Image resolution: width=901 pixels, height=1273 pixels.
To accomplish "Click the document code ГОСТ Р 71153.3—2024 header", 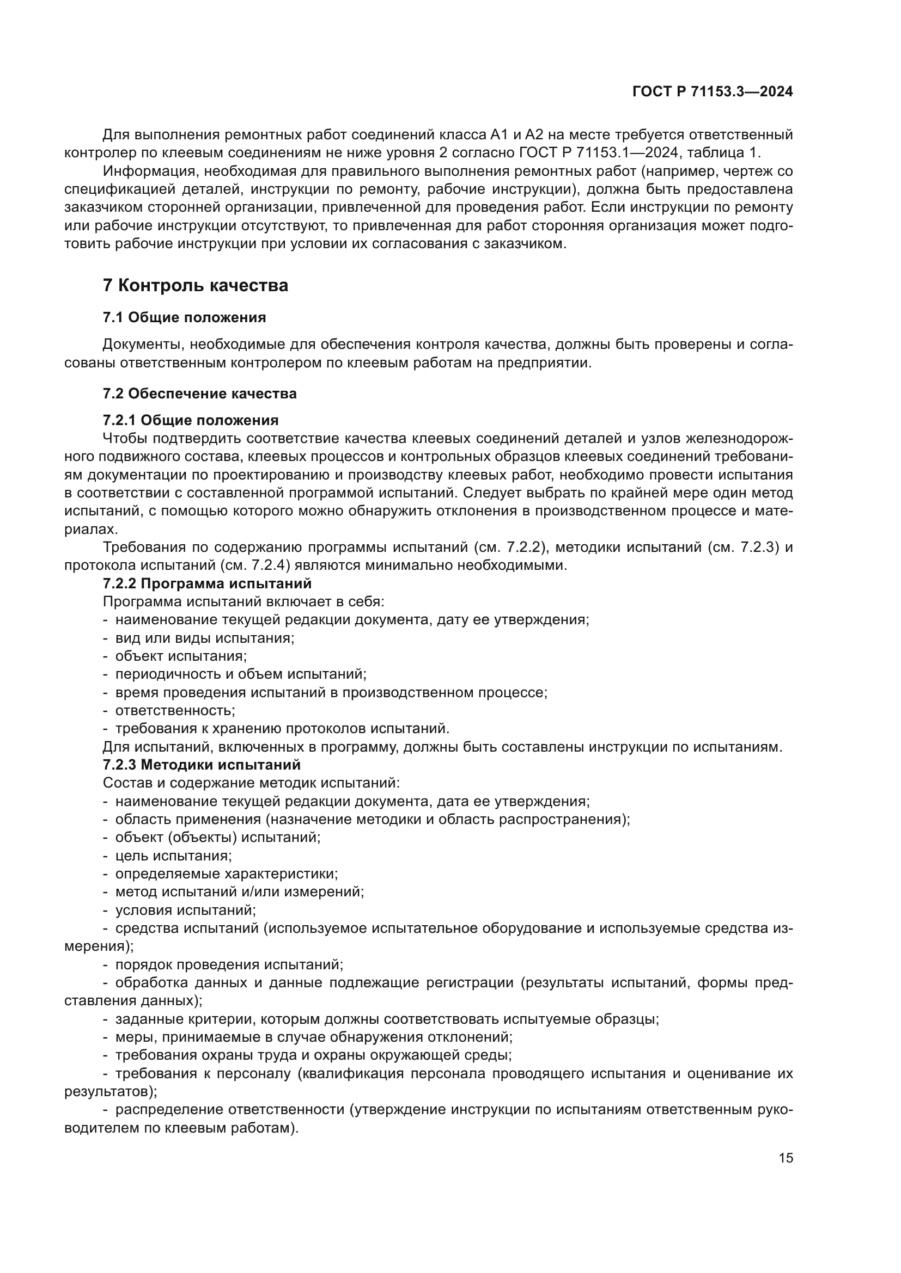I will (x=713, y=92).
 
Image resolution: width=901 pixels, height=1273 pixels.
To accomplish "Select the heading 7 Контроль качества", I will (x=196, y=286).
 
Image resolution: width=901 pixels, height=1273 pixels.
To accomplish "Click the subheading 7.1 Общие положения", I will (x=184, y=318).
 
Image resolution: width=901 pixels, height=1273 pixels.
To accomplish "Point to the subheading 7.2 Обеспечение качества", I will (x=199, y=393).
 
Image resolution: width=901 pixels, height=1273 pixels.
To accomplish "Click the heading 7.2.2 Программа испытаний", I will (x=207, y=583).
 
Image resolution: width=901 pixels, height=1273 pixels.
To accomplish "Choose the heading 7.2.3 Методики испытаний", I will (x=202, y=765).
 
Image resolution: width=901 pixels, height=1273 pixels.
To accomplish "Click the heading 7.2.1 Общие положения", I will (x=190, y=420).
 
